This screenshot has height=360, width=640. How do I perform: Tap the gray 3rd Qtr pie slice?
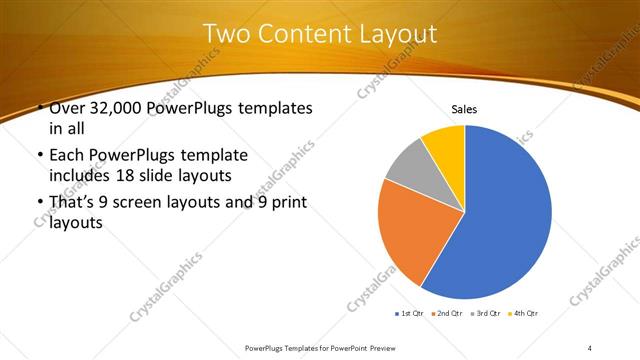406,167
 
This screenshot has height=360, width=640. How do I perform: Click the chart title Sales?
464,108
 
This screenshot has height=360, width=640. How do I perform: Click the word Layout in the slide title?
391,34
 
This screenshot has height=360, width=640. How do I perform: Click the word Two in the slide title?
227,34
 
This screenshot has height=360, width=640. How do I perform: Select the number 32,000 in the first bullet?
116,107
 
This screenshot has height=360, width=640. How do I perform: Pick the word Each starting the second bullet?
66,156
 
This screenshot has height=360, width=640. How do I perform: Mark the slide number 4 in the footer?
590,347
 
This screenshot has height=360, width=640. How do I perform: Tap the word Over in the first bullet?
68,107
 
